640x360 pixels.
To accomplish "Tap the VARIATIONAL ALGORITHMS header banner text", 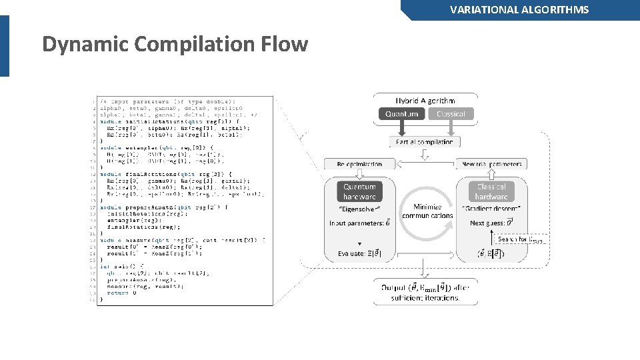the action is pyautogui.click(x=519, y=9).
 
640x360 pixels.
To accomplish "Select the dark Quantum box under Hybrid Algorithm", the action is pyautogui.click(x=401, y=114).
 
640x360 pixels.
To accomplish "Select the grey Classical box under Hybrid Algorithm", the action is pyautogui.click(x=451, y=114).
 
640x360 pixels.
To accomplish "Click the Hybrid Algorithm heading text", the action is pyautogui.click(x=426, y=100).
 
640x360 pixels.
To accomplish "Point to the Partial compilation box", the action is pyautogui.click(x=424, y=142).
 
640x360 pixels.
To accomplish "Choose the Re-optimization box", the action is pyautogui.click(x=359, y=164).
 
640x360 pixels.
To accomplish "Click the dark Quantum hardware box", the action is pyautogui.click(x=359, y=192).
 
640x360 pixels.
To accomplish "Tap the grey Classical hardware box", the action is pyautogui.click(x=491, y=192).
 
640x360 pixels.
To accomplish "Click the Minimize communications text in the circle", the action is pyautogui.click(x=427, y=211).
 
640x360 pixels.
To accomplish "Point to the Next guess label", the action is pyautogui.click(x=491, y=223).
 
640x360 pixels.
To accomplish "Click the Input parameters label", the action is pyautogui.click(x=359, y=223).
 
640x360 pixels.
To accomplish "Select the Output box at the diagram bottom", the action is pyautogui.click(x=425, y=292).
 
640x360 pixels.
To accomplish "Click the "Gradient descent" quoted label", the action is pyautogui.click(x=491, y=209).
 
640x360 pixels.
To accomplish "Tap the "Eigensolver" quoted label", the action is pyautogui.click(x=359, y=209).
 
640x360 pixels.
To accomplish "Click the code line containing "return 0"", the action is pyautogui.click(x=118, y=292).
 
